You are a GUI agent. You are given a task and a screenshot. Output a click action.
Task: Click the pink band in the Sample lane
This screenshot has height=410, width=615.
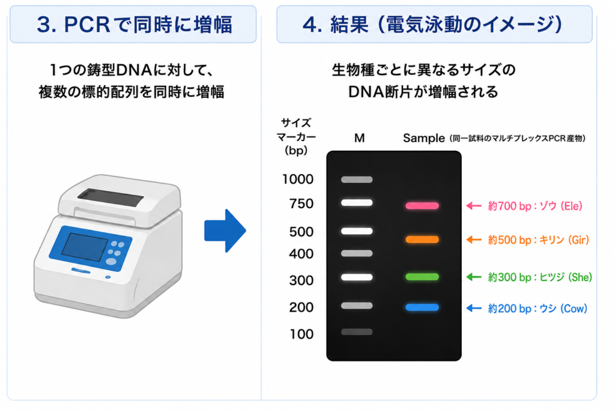[422, 206]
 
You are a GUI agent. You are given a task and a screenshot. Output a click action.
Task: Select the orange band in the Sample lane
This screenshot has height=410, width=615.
[422, 240]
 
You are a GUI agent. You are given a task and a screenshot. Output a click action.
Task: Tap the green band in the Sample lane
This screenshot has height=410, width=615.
[422, 277]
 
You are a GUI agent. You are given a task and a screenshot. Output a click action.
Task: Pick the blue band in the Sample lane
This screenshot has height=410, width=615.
[422, 307]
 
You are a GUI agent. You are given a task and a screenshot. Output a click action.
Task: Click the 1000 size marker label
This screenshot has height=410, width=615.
[298, 179]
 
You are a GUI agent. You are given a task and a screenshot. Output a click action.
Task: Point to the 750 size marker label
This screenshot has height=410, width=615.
[301, 204]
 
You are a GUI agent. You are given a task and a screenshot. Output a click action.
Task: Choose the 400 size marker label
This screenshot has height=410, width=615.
[301, 254]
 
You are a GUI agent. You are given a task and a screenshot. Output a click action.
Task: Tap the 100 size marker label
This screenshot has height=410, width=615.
[301, 334]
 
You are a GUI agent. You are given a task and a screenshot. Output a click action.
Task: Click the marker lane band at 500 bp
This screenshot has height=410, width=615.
[357, 231]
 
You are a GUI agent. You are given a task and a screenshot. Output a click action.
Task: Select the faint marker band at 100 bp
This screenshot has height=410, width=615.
[357, 332]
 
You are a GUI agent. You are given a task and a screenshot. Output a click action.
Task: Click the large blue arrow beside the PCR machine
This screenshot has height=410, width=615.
[225, 231]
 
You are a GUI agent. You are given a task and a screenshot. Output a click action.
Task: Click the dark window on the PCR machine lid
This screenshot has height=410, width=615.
[111, 197]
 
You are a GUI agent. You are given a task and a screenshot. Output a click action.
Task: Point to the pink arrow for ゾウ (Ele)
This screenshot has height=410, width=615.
[474, 206]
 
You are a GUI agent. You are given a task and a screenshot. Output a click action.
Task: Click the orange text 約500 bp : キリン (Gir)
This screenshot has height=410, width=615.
[539, 240]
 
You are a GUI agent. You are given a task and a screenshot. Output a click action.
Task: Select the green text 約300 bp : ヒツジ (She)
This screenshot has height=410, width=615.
[540, 277]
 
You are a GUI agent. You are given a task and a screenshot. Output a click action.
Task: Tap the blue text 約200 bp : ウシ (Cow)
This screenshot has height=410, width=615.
[538, 309]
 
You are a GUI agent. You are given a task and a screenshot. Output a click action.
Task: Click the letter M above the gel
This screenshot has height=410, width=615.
[359, 138]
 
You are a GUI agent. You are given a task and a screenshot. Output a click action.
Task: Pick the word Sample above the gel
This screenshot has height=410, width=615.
[423, 138]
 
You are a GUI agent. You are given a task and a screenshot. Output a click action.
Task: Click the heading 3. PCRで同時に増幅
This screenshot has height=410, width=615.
[135, 24]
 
